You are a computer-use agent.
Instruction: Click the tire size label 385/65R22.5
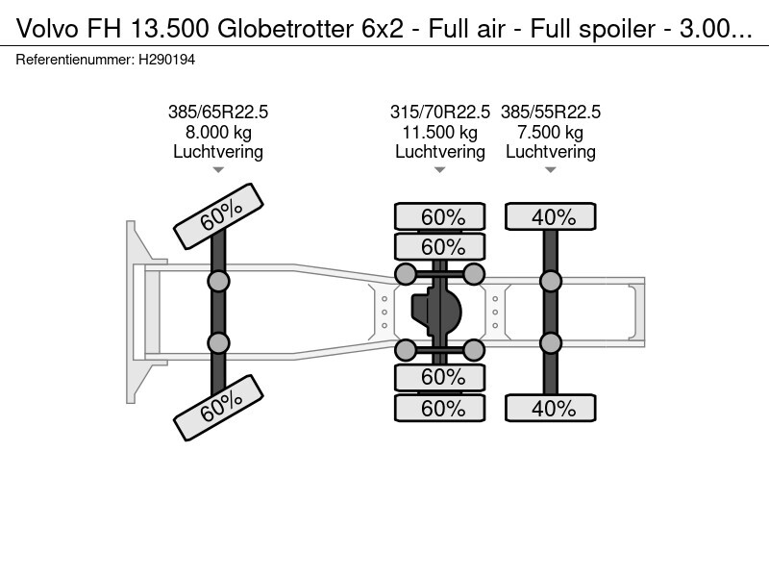click(218, 113)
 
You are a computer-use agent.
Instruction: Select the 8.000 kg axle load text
click(218, 132)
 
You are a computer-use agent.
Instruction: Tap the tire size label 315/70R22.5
click(440, 113)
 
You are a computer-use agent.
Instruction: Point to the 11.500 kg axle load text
click(440, 132)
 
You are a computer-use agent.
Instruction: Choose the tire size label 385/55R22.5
click(551, 113)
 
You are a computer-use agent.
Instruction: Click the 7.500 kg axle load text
click(551, 132)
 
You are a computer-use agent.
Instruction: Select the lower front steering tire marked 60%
click(218, 408)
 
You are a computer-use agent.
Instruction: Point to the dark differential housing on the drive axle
click(437, 312)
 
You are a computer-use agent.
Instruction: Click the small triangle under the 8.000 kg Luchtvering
click(218, 170)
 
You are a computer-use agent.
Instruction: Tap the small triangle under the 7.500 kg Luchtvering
click(551, 170)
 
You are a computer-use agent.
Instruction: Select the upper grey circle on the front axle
click(218, 281)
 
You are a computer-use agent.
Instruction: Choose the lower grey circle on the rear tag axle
click(551, 343)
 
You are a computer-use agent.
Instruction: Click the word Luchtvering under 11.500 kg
click(440, 152)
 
